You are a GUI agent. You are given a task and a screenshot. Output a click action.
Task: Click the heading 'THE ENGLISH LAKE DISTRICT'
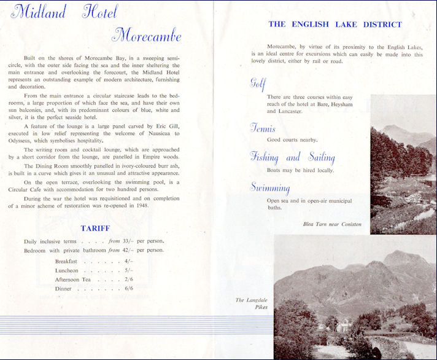point(335,25)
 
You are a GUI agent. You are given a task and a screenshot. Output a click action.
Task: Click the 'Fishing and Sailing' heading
point(292,157)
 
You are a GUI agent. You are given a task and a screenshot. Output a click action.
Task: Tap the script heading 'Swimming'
point(270,187)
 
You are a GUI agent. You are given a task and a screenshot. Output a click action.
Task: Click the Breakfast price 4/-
point(128,262)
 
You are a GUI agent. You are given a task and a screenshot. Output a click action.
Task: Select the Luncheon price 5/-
point(128,270)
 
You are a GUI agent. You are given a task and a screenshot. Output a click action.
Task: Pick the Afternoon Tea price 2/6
point(128,280)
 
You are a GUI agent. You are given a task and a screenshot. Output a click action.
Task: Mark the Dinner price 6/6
point(128,288)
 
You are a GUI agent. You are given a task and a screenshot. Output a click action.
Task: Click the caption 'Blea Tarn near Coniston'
point(332,224)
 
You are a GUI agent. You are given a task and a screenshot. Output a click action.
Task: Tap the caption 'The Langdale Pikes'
point(252,303)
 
